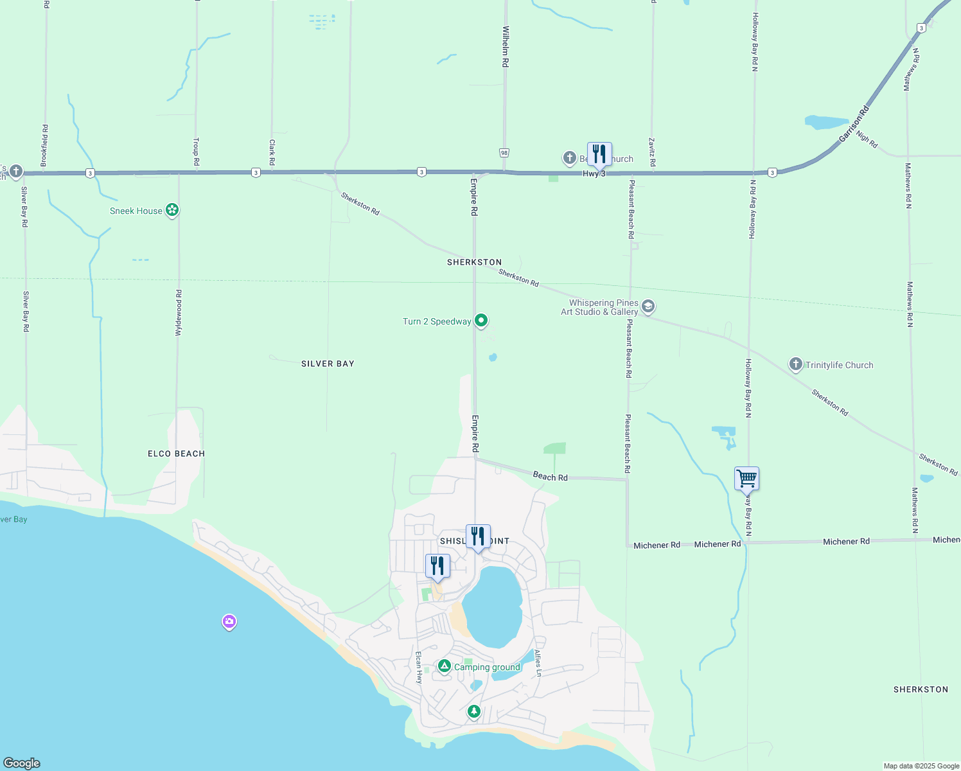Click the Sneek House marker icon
(172, 210)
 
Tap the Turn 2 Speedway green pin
(481, 321)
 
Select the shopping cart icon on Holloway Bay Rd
(746, 479)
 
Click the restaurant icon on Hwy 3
(599, 154)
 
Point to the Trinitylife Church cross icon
(796, 365)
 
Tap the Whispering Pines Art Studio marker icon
(648, 306)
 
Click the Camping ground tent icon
(444, 666)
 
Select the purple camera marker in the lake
(229, 621)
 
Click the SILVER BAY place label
(328, 364)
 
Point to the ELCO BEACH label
(176, 454)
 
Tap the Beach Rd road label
(550, 477)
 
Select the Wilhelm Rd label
(506, 47)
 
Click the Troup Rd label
(197, 152)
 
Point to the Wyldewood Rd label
(179, 313)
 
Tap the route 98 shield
(504, 153)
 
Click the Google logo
(21, 763)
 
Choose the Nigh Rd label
(867, 139)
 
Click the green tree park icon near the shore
(473, 711)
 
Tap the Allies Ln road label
(538, 663)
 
